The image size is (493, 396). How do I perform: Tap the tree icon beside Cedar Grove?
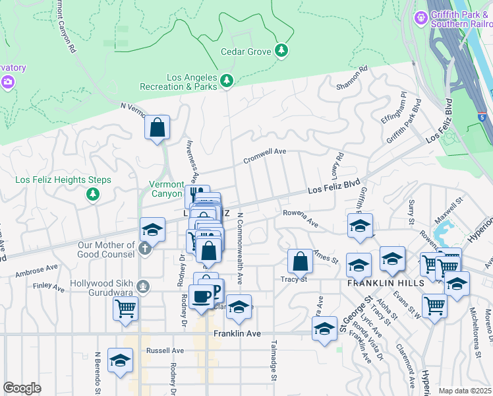(x=282, y=51)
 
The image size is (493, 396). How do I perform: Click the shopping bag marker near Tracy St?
(x=300, y=261)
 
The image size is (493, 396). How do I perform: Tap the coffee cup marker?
(x=201, y=296)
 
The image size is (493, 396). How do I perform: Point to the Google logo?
(x=22, y=388)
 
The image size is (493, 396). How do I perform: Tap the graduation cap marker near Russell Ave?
(x=119, y=360)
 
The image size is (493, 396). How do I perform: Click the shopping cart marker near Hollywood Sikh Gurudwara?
(x=125, y=308)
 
